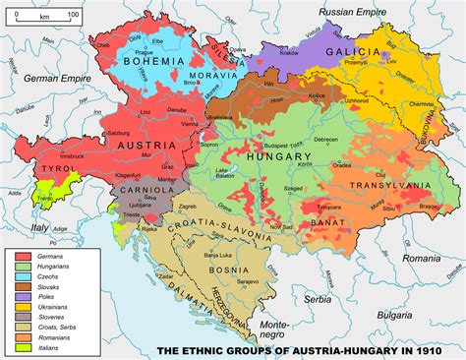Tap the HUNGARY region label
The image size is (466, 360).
[x=282, y=155]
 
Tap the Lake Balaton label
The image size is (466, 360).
[x=229, y=176]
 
